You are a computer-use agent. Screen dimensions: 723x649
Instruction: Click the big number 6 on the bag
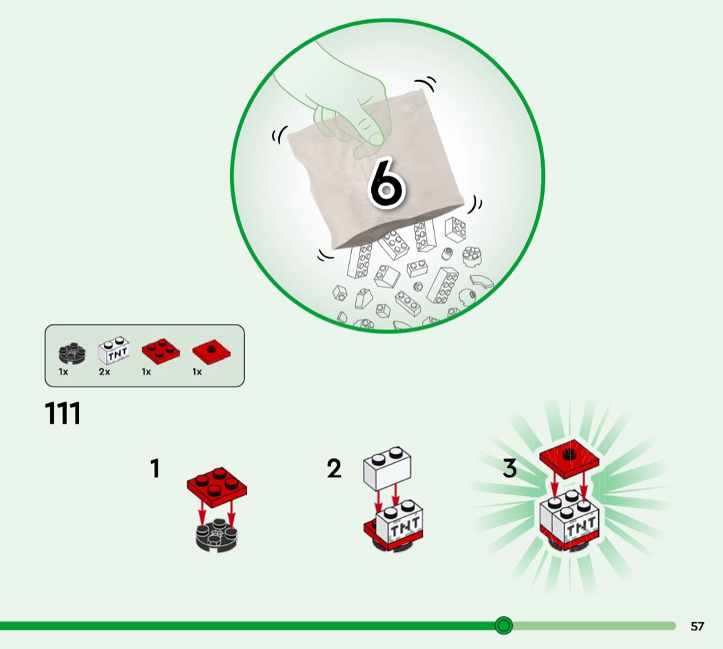click(x=386, y=183)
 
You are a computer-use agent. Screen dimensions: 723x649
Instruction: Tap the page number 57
click(x=697, y=626)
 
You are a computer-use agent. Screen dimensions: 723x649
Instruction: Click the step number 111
click(x=63, y=413)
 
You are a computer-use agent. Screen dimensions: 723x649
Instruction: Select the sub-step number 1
click(x=156, y=468)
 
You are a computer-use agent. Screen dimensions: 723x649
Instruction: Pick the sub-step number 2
click(x=334, y=468)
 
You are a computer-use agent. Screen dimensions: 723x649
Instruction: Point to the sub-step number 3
click(x=510, y=468)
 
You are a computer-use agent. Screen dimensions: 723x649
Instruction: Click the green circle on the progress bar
click(x=503, y=626)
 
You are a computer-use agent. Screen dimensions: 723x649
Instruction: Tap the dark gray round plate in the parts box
click(x=72, y=352)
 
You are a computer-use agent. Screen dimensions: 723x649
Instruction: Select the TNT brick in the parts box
click(x=114, y=351)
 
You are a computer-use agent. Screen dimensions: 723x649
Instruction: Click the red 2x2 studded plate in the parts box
click(x=160, y=351)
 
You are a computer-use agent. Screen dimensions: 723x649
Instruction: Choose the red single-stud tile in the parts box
click(x=211, y=352)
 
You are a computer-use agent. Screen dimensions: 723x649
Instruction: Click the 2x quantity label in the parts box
click(x=104, y=372)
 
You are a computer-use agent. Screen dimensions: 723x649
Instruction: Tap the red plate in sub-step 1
click(x=217, y=486)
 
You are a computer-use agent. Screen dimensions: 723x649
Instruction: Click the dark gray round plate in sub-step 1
click(x=217, y=535)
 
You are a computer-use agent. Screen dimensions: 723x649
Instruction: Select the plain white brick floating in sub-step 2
click(x=387, y=468)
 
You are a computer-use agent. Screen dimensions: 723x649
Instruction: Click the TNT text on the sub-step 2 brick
click(x=404, y=526)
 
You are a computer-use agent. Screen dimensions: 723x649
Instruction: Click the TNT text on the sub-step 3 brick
click(x=580, y=526)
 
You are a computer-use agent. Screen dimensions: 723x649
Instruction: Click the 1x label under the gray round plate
click(x=63, y=372)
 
